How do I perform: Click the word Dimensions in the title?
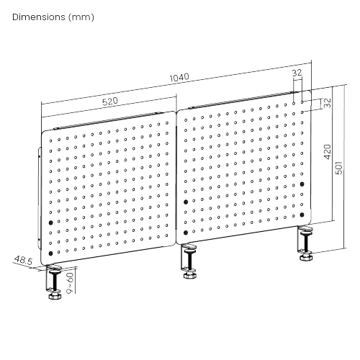[x=39, y=17]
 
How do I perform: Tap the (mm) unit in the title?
[x=81, y=17]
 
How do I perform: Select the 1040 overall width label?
[x=179, y=78]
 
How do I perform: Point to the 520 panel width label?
[x=110, y=102]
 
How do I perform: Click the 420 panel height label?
[x=328, y=152]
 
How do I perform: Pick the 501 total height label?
[x=338, y=168]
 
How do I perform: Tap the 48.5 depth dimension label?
[x=23, y=260]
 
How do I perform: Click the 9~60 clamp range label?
[x=70, y=283]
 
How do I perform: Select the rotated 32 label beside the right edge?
[x=327, y=103]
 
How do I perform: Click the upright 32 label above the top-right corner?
[x=297, y=73]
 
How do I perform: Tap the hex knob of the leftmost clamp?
[x=55, y=296]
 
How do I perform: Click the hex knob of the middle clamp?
[x=190, y=275]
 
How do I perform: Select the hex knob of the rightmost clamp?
[x=306, y=257]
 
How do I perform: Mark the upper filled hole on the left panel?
[x=50, y=222]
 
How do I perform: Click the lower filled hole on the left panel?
[x=50, y=253]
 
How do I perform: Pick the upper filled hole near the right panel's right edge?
[x=302, y=184]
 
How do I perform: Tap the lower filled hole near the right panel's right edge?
[x=302, y=215]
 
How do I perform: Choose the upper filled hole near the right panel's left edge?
[x=186, y=202]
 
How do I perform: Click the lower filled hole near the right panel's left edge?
[x=186, y=233]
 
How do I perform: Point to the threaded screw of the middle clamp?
[x=190, y=261]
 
